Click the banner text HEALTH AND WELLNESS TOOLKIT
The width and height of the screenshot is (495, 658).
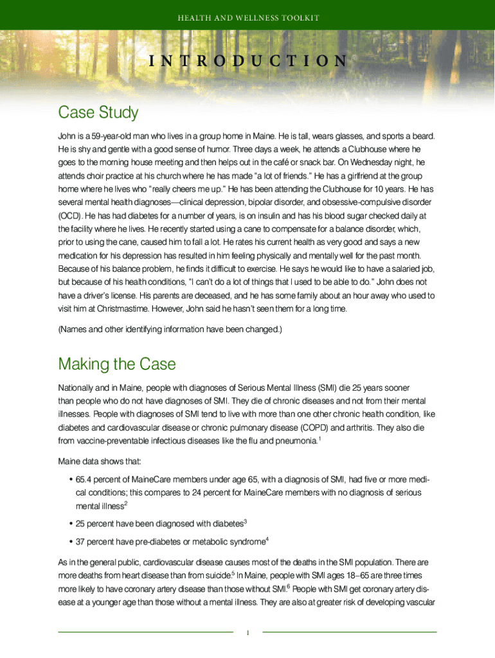pyautogui.click(x=248, y=17)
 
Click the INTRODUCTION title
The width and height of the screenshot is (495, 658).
pyautogui.click(x=248, y=61)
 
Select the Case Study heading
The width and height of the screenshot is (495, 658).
pyautogui.click(x=98, y=113)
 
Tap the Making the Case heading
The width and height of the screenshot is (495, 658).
pyautogui.click(x=116, y=364)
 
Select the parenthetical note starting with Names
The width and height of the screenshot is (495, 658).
pyautogui.click(x=170, y=330)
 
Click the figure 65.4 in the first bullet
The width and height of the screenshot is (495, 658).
pyautogui.click(x=84, y=479)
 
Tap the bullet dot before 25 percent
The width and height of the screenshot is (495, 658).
pyautogui.click(x=69, y=524)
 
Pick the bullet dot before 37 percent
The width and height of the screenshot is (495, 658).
pyautogui.click(x=69, y=542)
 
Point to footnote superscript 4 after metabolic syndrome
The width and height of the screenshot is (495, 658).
pyautogui.click(x=266, y=538)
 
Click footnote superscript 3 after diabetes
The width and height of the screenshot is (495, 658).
pyautogui.click(x=246, y=520)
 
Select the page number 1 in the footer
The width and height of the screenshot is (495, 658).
pyautogui.click(x=248, y=633)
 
